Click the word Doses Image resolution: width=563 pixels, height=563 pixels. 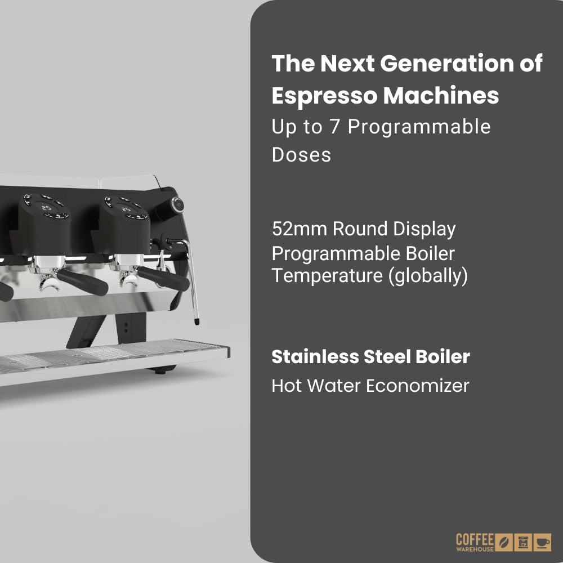pos(301,154)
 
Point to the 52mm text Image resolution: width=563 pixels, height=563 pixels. pos(298,229)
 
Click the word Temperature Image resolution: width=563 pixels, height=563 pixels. pos(325,277)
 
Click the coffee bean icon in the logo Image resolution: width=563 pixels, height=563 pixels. pos(505,542)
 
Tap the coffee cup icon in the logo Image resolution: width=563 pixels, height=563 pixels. pos(543,542)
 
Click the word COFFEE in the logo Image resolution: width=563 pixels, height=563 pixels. pos(475,538)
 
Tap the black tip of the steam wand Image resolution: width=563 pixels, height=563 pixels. pos(196,322)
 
